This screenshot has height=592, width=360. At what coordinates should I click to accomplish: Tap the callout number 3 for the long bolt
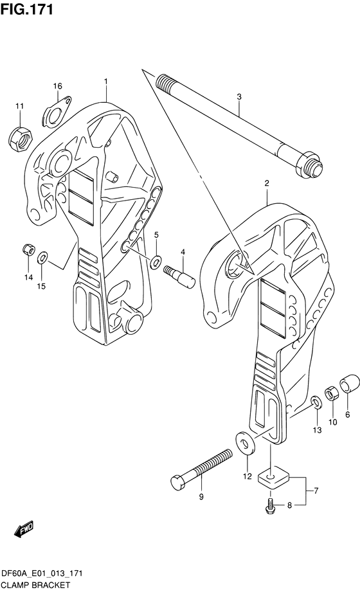point(239,97)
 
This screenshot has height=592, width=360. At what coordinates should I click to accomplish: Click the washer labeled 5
point(156,262)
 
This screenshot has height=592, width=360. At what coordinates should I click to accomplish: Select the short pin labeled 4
point(182,274)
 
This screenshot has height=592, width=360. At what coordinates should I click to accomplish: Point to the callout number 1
point(106,82)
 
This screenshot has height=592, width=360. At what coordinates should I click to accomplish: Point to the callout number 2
point(266,183)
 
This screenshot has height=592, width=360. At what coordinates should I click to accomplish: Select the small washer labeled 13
point(316,404)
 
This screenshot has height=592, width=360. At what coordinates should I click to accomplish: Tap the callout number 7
point(315,492)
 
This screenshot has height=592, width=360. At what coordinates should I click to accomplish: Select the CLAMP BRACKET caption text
point(32,585)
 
